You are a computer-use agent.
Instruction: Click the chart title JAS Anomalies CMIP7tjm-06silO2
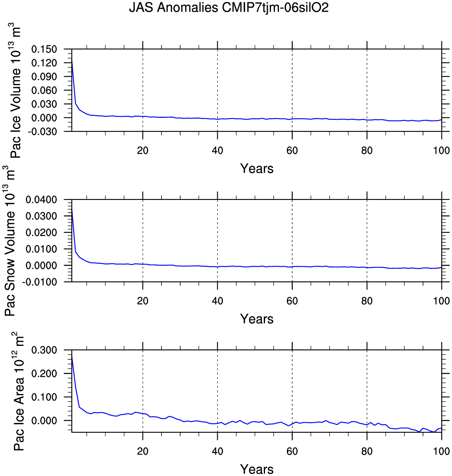228,8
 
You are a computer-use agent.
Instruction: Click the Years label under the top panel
257,169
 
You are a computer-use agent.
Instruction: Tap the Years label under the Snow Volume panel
257,319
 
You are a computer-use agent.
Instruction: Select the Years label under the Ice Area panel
257,469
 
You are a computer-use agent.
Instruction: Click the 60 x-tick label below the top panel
292,151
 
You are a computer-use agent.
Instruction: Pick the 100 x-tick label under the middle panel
441,301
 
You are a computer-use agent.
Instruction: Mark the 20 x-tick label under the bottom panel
142,451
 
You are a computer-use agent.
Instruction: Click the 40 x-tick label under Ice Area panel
217,451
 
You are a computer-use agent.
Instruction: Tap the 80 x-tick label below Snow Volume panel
367,301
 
